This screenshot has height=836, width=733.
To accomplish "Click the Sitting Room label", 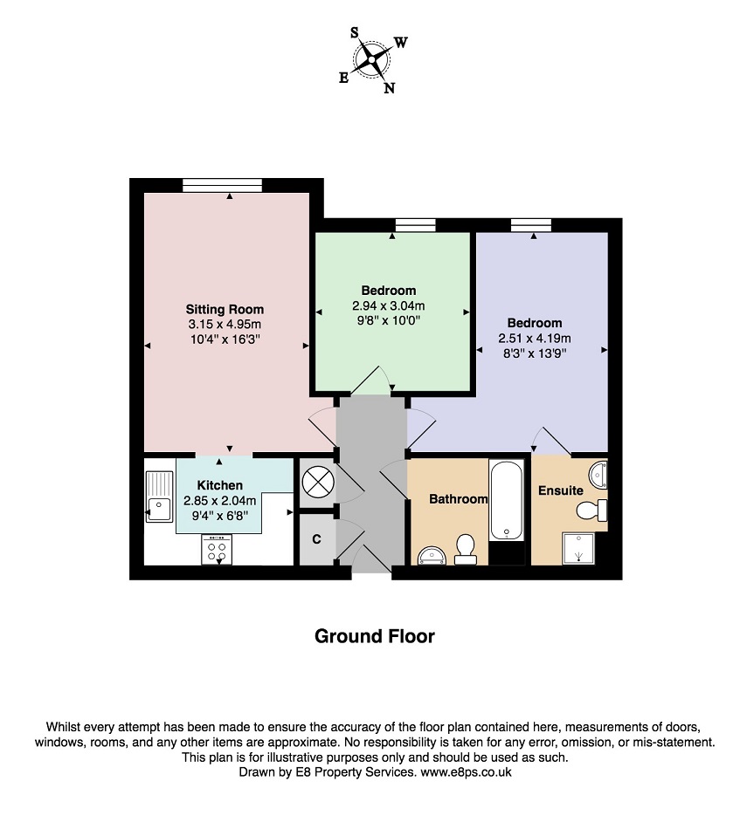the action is (225, 309).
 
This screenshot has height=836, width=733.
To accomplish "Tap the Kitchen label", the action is (220, 485).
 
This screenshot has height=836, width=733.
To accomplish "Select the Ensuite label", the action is (561, 490).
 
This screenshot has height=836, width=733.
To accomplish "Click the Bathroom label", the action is (459, 499).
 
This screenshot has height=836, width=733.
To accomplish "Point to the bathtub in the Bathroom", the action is (507, 499).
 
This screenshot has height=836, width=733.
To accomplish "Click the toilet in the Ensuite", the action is (592, 511).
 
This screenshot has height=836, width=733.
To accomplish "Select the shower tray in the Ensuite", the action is (578, 549).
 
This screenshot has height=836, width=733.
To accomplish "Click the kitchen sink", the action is (159, 497).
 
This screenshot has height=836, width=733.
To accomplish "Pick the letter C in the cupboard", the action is (316, 539).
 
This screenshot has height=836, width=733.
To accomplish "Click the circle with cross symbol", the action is (318, 482).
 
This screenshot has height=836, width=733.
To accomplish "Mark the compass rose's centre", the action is (371, 58).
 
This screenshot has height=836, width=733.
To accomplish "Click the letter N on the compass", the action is (389, 88).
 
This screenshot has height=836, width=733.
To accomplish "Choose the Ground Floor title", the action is (375, 636).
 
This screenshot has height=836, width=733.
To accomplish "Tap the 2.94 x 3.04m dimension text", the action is (388, 305).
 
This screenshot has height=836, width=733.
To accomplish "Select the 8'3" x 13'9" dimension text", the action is (535, 353).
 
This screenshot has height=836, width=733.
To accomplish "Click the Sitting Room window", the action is (223, 185).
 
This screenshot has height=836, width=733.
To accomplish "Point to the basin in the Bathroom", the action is (432, 555).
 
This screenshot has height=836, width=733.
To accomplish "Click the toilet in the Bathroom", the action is (466, 551).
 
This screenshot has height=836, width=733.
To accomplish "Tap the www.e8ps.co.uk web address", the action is (466, 772).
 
